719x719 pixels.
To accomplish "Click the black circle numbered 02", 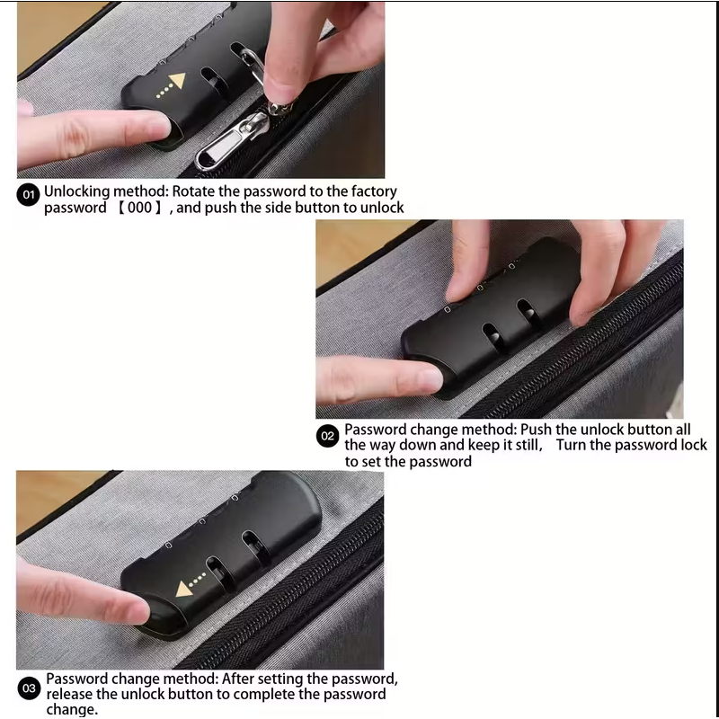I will click(328, 436).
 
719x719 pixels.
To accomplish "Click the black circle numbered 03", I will click(29, 689).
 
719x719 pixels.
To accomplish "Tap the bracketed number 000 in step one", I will click(138, 208).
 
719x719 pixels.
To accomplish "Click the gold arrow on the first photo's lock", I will click(176, 82).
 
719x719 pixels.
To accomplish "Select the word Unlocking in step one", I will click(77, 191).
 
